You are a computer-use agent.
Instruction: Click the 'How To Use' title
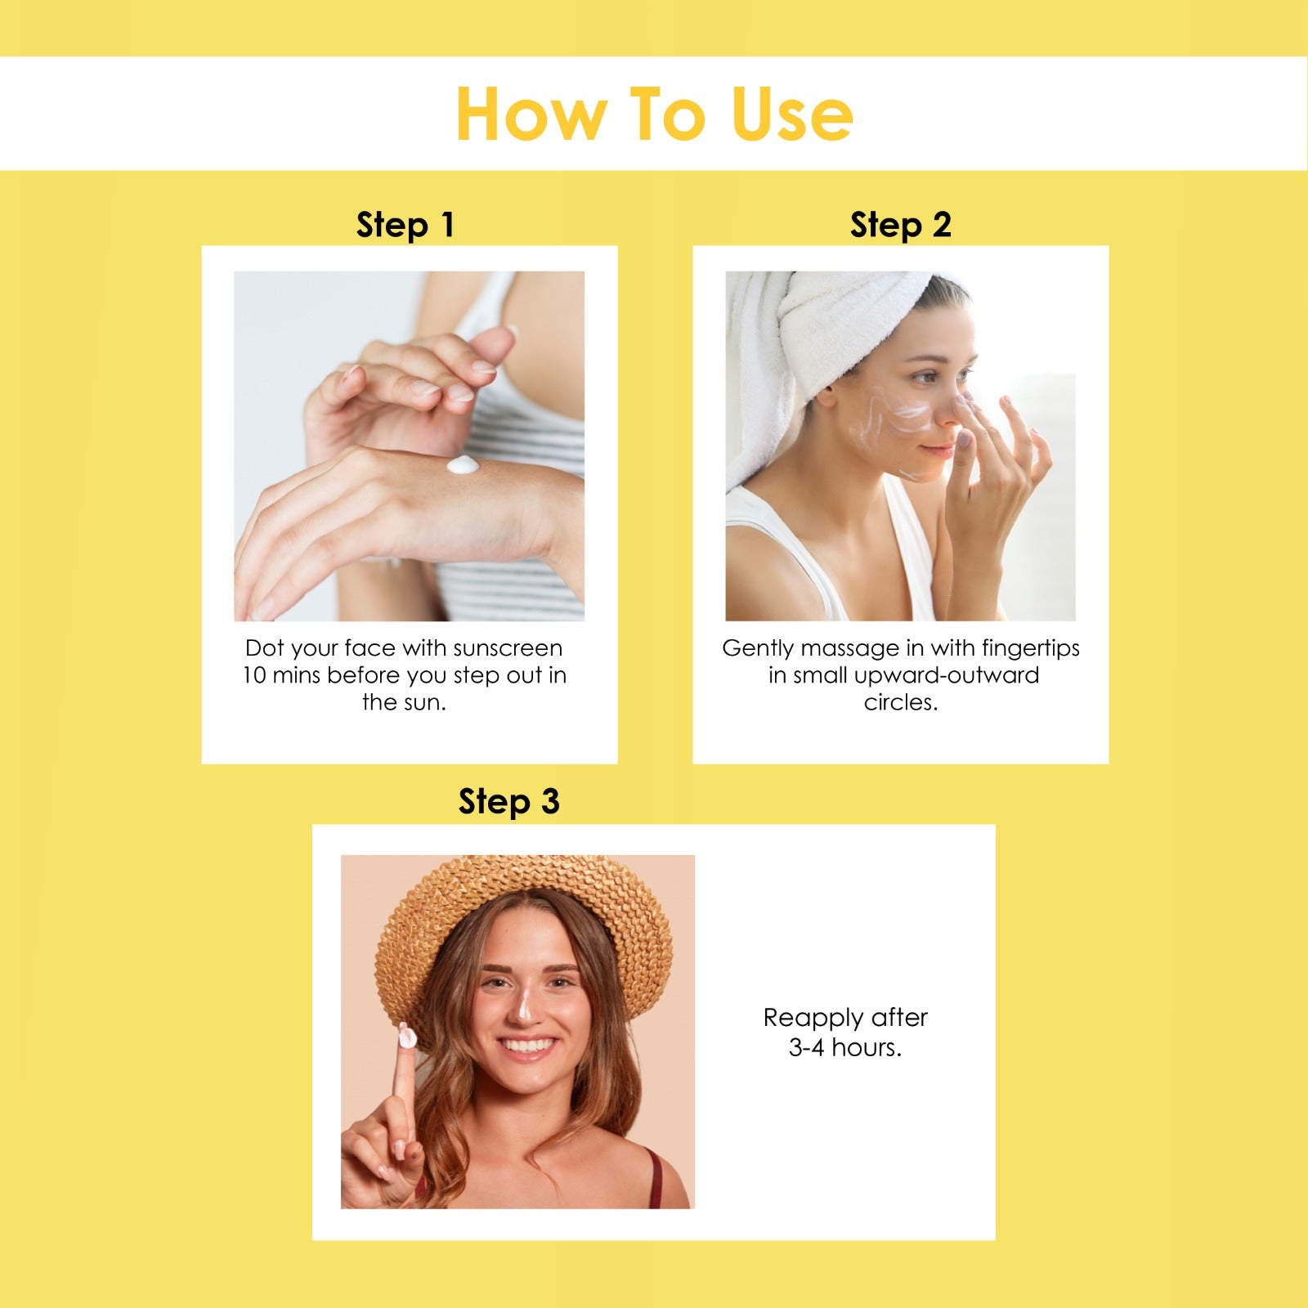point(654,114)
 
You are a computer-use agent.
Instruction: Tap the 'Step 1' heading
point(405,225)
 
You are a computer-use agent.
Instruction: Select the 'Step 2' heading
point(901,225)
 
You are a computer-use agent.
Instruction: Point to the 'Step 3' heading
point(508,802)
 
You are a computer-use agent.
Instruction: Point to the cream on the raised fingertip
point(406,1036)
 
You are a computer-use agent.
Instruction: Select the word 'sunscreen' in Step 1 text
point(508,648)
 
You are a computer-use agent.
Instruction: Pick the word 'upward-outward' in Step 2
point(947,676)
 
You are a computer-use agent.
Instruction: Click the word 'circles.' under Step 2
point(901,702)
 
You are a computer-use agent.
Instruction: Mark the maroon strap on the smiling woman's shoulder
point(655,1177)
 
